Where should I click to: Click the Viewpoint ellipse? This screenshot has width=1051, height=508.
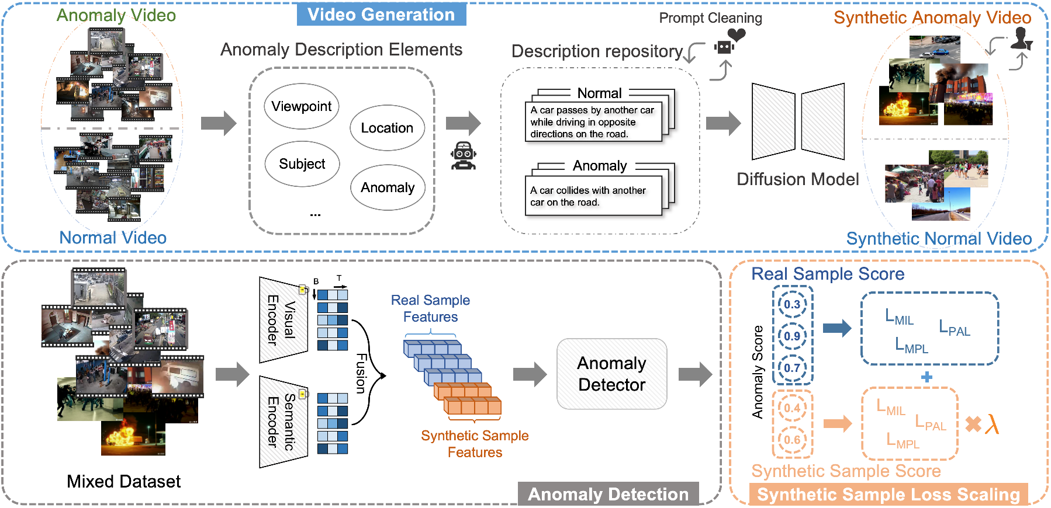pyautogui.click(x=302, y=106)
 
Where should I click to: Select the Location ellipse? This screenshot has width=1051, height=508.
pyautogui.click(x=387, y=128)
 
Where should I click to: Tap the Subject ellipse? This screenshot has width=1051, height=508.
pyautogui.click(x=302, y=164)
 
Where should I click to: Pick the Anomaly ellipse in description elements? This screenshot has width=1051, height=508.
pyautogui.click(x=388, y=187)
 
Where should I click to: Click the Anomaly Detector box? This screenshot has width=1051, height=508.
pyautogui.click(x=611, y=374)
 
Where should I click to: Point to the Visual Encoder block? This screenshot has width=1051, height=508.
pyautogui.click(x=283, y=320)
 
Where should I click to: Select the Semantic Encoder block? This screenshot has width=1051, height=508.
pyautogui.click(x=283, y=421)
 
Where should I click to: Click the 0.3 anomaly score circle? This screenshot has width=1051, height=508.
pyautogui.click(x=792, y=304)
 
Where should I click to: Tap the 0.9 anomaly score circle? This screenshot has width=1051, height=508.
pyautogui.click(x=792, y=336)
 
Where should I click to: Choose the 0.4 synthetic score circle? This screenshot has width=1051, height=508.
pyautogui.click(x=792, y=408)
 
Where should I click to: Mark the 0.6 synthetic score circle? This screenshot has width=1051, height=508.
pyautogui.click(x=792, y=440)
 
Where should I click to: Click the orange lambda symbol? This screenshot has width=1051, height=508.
pyautogui.click(x=992, y=424)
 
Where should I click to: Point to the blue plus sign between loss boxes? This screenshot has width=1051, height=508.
pyautogui.click(x=926, y=377)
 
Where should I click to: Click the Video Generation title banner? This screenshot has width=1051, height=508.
pyautogui.click(x=381, y=15)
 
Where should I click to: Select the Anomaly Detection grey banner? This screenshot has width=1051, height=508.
pyautogui.click(x=608, y=494)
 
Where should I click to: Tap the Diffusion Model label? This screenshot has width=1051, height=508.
pyautogui.click(x=797, y=179)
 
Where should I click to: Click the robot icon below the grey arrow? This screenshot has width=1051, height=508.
pyautogui.click(x=464, y=156)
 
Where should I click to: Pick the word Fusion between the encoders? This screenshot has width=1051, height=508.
pyautogui.click(x=362, y=373)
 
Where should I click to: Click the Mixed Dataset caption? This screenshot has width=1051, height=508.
pyautogui.click(x=123, y=481)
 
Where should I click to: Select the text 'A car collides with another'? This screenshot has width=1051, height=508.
pyautogui.click(x=587, y=190)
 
